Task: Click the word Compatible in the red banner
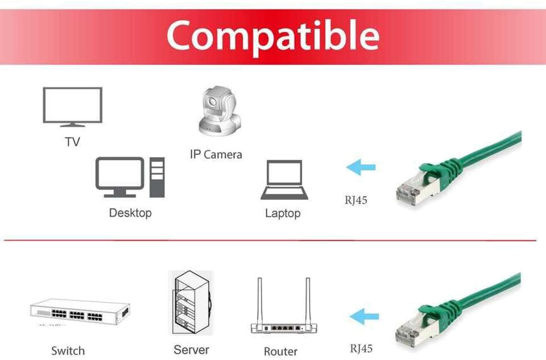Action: pyautogui.click(x=272, y=35)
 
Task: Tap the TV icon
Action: pyautogui.click(x=72, y=106)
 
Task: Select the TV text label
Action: pyautogui.click(x=72, y=142)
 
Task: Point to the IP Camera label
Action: pyautogui.click(x=216, y=154)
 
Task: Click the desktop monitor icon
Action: pyautogui.click(x=119, y=177)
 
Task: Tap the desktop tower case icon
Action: pyautogui.click(x=157, y=177)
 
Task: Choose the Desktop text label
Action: pyautogui.click(x=130, y=213)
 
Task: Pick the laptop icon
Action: pyautogui.click(x=284, y=180)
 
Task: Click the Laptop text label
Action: pyautogui.click(x=283, y=214)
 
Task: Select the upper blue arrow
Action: pyautogui.click(x=361, y=167)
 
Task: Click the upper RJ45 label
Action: pyautogui.click(x=355, y=200)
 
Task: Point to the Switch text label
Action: pyautogui.click(x=68, y=350)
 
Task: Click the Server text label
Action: pyautogui.click(x=191, y=349)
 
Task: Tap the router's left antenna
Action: pyautogui.click(x=259, y=300)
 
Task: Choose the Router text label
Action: pyautogui.click(x=280, y=351)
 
